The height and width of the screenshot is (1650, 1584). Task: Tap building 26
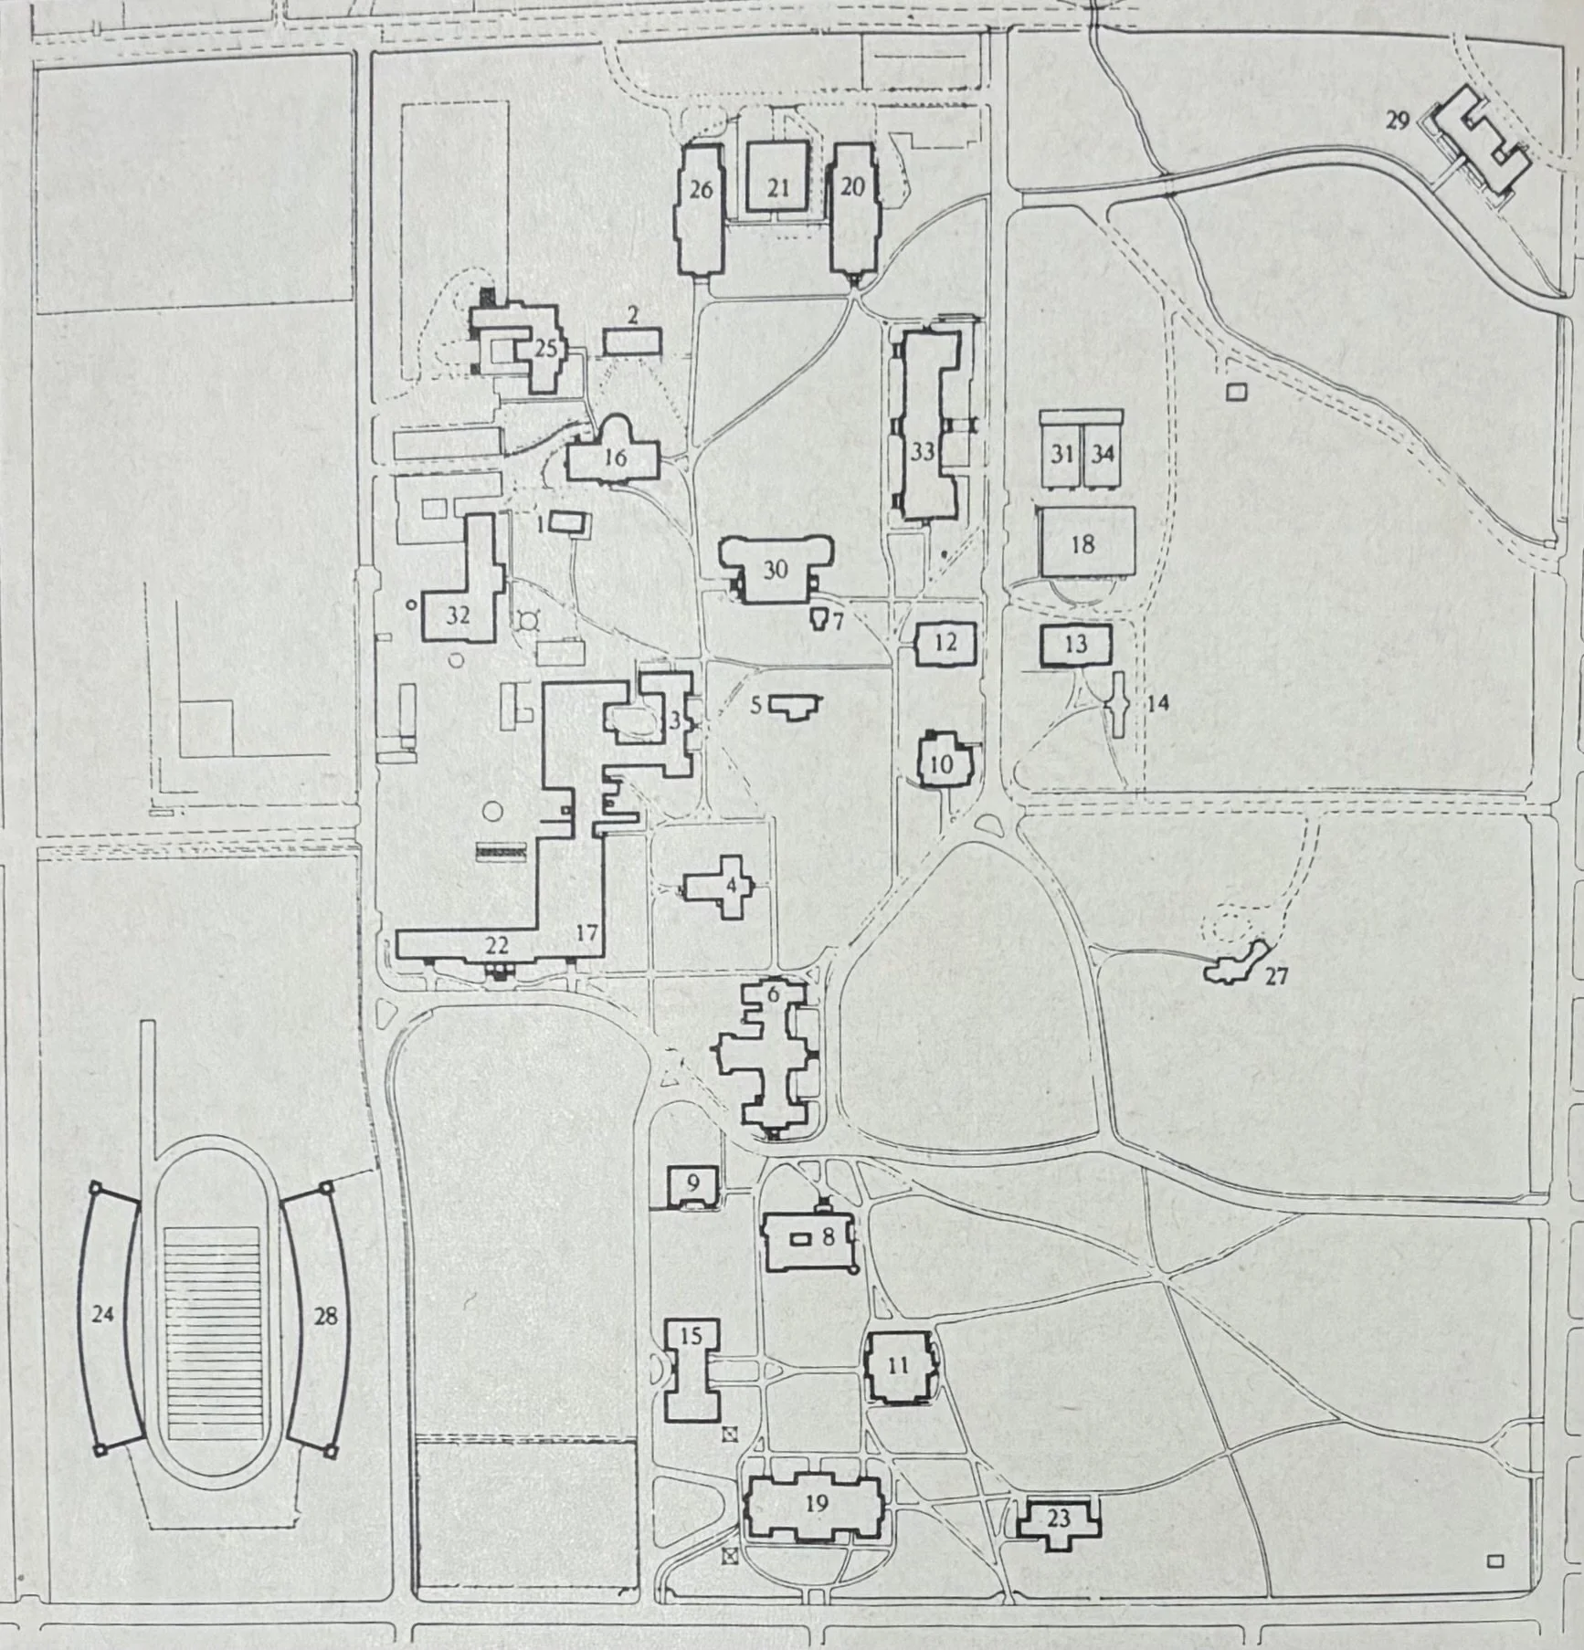(700, 210)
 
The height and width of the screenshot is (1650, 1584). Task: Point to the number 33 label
(922, 451)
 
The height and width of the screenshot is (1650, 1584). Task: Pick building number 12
(945, 643)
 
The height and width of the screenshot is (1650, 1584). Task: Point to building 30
(776, 570)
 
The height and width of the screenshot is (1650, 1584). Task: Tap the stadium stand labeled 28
(320, 1316)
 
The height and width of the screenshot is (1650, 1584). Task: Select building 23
(1058, 1518)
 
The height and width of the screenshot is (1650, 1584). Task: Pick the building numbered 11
(899, 1366)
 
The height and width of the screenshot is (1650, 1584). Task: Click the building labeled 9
(693, 1186)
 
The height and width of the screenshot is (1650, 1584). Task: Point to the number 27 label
(1276, 976)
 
